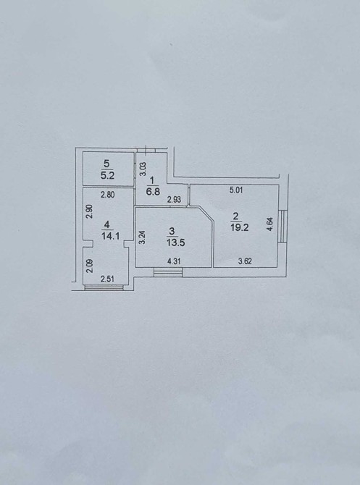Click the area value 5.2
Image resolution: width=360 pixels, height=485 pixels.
coord(107,176)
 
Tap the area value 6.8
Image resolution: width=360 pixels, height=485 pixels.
coord(153,192)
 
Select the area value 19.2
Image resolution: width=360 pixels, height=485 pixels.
coord(239,227)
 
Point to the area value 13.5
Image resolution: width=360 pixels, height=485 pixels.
coord(175,242)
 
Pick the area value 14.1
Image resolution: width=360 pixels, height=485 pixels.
coord(111,236)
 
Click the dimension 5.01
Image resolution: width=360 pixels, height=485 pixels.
coord(236,190)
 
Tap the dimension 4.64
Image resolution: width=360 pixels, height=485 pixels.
coord(270,224)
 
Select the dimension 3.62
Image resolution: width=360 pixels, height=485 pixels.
coord(245,261)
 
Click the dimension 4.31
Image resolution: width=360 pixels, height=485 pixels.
coord(174,261)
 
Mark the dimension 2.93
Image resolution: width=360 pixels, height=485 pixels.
coord(174,200)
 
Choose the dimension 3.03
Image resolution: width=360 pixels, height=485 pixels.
coord(142,169)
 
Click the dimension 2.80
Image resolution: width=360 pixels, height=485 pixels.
coord(108,195)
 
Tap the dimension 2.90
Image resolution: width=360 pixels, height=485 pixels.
coord(89,211)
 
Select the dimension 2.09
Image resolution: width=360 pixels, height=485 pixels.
coord(89,266)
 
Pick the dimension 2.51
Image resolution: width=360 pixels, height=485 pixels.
coord(107,279)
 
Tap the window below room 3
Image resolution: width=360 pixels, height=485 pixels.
coord(168,272)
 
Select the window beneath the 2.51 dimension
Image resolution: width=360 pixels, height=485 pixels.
coord(104,287)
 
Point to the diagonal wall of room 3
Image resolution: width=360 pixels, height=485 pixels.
coord(206,214)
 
